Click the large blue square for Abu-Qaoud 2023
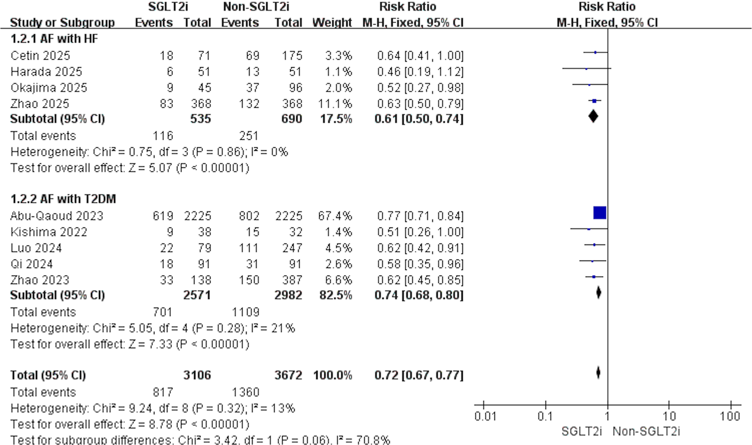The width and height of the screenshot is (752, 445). tap(600, 213)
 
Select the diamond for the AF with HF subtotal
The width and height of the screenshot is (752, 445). tap(593, 116)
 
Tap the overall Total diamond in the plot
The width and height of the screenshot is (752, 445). tap(598, 372)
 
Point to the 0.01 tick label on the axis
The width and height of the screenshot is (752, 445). tap(485, 417)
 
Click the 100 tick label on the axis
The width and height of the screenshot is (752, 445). tap(729, 417)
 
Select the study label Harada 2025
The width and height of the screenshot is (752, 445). tap(46, 72)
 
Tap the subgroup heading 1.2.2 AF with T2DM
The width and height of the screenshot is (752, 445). tap(63, 199)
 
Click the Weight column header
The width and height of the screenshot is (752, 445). tap(332, 23)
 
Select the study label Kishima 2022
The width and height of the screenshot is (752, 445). tap(49, 232)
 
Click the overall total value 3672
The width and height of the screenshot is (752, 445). tap(288, 375)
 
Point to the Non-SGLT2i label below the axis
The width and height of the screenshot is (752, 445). tap(646, 432)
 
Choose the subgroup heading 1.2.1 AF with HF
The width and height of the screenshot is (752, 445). tap(54, 39)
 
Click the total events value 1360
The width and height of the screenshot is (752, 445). tap(245, 392)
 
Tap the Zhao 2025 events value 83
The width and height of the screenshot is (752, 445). tap(166, 104)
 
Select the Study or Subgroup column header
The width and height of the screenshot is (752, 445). tap(62, 23)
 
